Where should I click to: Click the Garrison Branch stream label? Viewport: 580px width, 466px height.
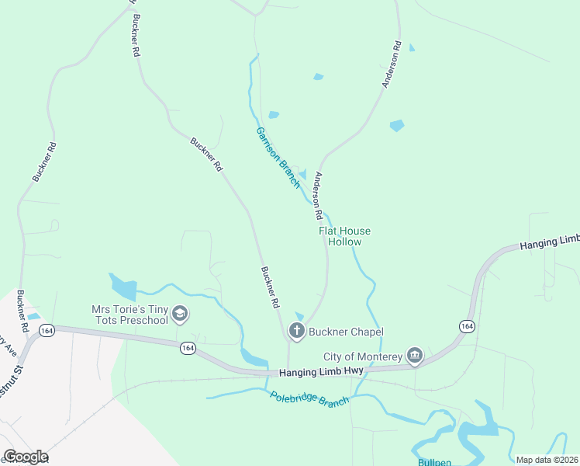[x=278, y=158]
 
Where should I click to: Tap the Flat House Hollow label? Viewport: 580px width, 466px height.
[x=344, y=236]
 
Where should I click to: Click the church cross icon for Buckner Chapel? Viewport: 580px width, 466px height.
[x=296, y=331]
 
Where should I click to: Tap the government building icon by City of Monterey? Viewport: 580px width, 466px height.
[x=415, y=356]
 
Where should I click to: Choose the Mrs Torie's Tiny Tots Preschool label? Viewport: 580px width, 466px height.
[x=129, y=315]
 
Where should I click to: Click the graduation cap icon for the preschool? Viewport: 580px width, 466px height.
[x=180, y=315]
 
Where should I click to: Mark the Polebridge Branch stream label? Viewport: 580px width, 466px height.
[x=309, y=398]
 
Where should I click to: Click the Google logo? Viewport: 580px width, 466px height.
[x=26, y=457]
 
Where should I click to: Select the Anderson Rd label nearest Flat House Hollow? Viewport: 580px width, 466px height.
[x=317, y=196]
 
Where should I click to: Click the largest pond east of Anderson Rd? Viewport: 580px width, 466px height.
[x=397, y=125]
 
